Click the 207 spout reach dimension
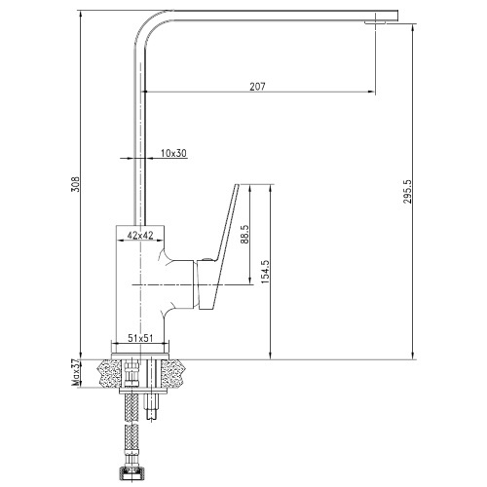coord(257,87)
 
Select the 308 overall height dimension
coord(75,184)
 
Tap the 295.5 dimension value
coord(407,192)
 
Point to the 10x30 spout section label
coord(174,153)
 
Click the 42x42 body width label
coord(140,235)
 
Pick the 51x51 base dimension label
coord(140,338)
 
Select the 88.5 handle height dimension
coord(245,234)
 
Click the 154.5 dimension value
coord(265,272)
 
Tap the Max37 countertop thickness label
coord(76,374)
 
